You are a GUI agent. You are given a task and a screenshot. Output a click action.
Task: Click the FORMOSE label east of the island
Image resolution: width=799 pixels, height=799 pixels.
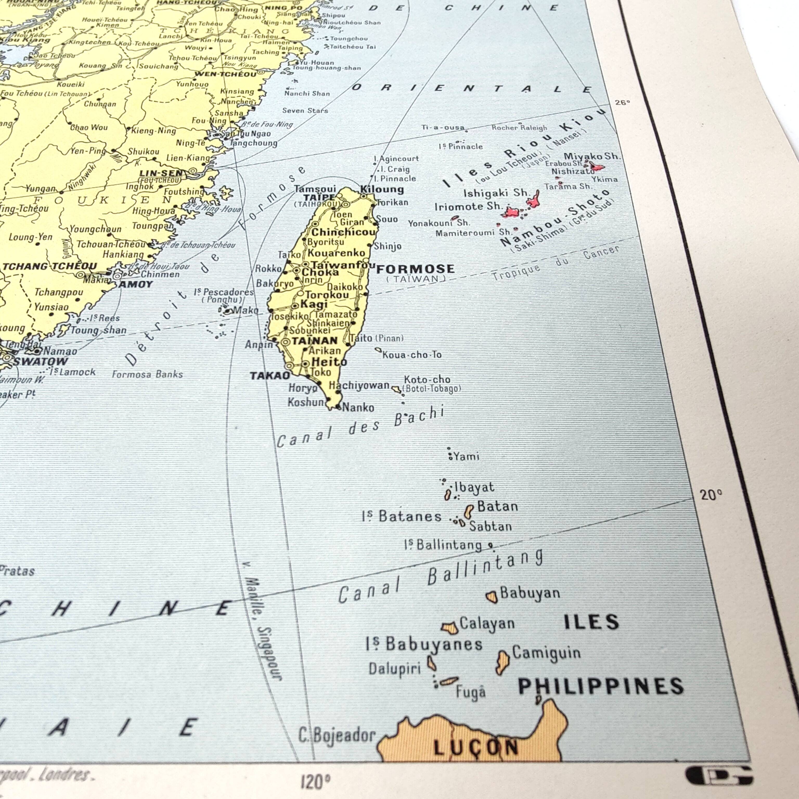pos(415,269)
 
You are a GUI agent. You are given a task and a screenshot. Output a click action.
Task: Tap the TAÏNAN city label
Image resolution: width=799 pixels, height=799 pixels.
pos(315,341)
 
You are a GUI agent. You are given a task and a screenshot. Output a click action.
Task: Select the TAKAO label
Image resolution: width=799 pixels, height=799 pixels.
pos(270,376)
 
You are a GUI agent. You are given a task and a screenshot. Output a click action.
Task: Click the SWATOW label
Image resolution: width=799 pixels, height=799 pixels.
pos(41,362)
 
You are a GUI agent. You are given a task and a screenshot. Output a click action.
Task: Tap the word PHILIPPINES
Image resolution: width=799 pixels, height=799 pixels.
pos(601,687)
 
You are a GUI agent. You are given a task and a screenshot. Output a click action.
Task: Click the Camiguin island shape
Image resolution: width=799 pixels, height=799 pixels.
pos(502,662)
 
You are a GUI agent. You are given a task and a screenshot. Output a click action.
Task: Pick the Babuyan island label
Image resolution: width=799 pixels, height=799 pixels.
pos(530,593)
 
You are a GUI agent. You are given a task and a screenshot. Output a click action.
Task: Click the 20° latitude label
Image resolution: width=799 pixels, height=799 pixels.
pos(711,495)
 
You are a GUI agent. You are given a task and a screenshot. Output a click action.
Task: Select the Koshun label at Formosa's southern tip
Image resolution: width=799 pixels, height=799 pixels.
pos(306,402)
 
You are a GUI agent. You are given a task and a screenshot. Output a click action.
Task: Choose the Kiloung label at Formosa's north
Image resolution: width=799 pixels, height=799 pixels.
pos(382,189)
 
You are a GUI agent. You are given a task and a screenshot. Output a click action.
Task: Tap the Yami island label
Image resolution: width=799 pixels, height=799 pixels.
pos(466,456)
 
